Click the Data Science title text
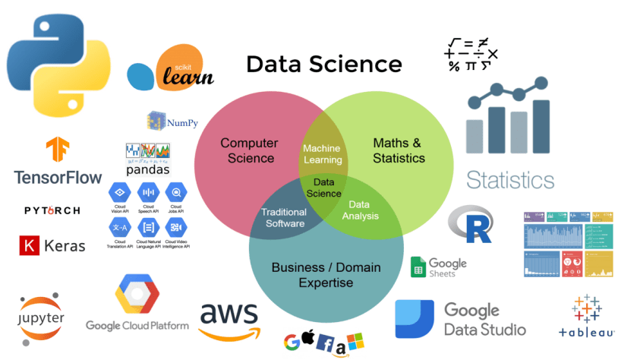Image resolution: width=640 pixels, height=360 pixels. click(323, 64)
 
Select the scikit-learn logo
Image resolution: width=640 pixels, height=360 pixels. click(171, 69)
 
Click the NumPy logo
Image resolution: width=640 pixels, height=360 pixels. click(168, 120)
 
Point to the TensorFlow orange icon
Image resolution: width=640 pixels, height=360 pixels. click(58, 152)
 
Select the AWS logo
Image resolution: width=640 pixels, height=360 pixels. click(229, 320)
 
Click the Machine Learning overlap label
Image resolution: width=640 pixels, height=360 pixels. click(321, 154)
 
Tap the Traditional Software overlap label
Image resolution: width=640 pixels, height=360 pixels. click(284, 217)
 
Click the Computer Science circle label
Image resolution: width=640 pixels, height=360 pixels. click(250, 150)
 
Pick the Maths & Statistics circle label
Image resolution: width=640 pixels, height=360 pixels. click(399, 150)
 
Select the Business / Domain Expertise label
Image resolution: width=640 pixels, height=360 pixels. click(326, 275)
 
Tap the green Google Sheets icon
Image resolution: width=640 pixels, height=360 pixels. click(418, 267)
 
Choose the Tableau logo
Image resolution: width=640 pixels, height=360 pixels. click(586, 314)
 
